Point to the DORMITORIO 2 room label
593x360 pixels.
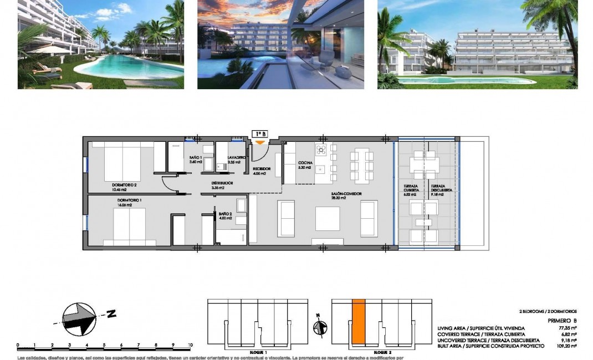124,185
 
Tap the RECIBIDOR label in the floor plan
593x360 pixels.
262,168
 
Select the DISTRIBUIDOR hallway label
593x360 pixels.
222,183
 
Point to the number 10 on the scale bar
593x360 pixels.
190,345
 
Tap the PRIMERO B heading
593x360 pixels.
563,320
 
